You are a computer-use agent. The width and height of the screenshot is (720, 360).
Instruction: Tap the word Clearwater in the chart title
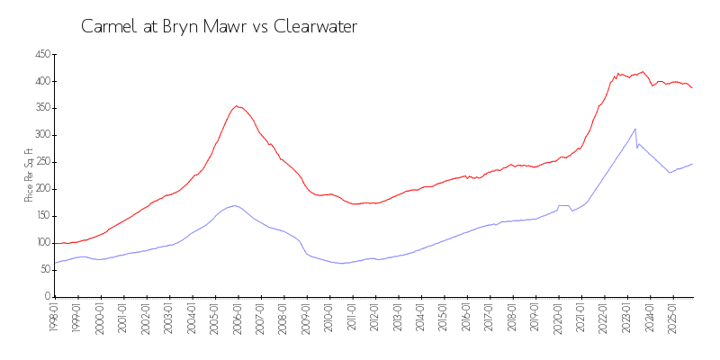click(x=317, y=27)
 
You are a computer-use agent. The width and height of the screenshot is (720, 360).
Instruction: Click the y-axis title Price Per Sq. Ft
click(x=30, y=175)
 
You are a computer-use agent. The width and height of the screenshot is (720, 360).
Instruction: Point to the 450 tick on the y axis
click(x=41, y=54)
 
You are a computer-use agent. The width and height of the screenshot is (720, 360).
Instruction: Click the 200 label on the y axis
click(x=41, y=189)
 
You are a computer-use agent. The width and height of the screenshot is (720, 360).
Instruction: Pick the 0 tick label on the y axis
click(x=47, y=296)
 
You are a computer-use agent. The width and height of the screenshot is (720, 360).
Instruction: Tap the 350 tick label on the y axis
click(x=41, y=108)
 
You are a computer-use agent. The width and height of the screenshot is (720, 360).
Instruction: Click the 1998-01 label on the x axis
click(x=54, y=316)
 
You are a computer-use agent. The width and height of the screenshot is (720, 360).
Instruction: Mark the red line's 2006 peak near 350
click(x=237, y=105)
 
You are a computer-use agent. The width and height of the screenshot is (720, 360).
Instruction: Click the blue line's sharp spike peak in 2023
click(x=635, y=129)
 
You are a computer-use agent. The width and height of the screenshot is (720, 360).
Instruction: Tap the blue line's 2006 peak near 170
click(x=235, y=205)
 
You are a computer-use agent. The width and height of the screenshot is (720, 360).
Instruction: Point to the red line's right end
click(x=692, y=87)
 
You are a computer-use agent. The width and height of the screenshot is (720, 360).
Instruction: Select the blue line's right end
click(x=692, y=164)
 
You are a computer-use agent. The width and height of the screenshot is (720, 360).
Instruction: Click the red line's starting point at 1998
click(x=55, y=243)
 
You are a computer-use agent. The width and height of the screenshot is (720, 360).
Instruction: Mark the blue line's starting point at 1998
click(x=55, y=263)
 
